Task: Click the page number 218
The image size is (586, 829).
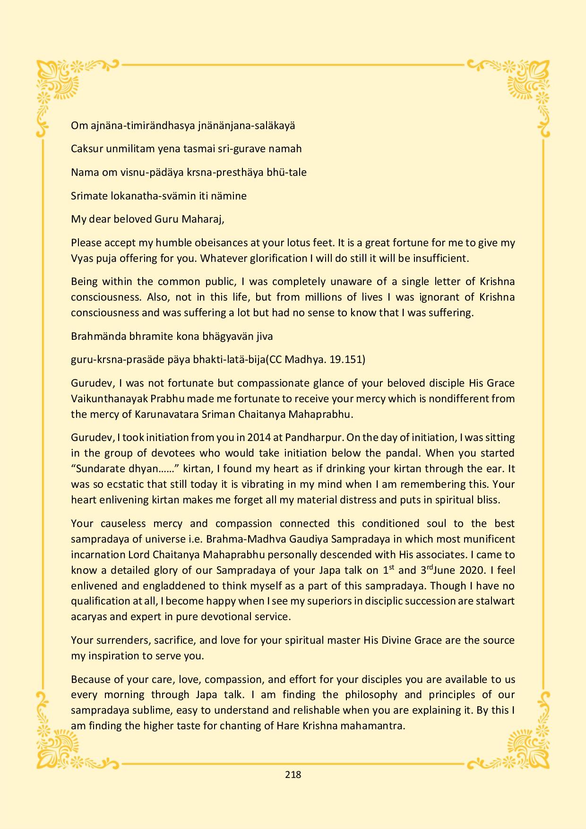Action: [x=293, y=774]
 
